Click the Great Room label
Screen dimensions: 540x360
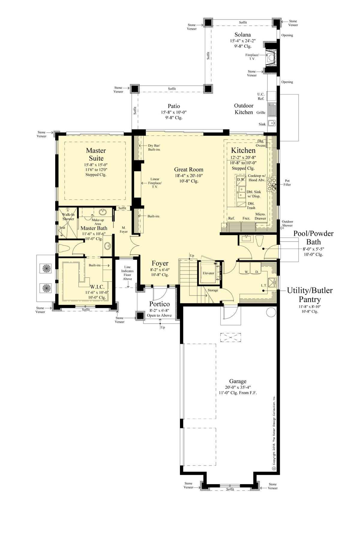(189, 169)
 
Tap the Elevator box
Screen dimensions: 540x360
(208, 273)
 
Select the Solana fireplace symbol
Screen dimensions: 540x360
(271, 57)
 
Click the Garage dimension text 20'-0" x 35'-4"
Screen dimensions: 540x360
(238, 387)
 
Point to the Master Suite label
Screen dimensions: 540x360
(96, 154)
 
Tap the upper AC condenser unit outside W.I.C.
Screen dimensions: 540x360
(46, 268)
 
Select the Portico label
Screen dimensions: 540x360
(160, 304)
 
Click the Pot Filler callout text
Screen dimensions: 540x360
(287, 183)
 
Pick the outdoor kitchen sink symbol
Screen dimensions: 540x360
(272, 123)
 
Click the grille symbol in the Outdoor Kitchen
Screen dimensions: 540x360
(272, 110)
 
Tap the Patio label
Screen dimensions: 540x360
(174, 106)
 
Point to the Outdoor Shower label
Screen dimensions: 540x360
(287, 223)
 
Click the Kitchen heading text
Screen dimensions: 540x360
(243, 150)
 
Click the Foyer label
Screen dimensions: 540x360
(160, 263)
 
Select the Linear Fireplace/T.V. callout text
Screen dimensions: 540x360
(155, 183)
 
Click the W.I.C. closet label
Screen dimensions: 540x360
(97, 287)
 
